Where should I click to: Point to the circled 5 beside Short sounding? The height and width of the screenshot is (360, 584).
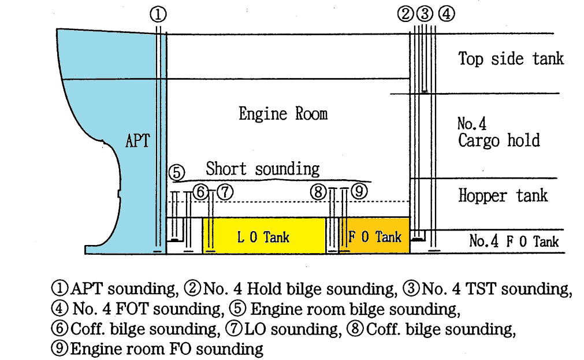177,172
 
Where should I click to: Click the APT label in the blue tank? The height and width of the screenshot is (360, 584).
137,140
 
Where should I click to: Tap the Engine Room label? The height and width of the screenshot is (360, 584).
283,113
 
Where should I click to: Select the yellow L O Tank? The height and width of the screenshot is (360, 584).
263,236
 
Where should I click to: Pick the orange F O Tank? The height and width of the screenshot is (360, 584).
375,236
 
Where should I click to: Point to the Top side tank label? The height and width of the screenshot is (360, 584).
511,58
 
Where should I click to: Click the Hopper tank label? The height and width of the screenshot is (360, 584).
503,195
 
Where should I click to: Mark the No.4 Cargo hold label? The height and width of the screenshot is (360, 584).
499,132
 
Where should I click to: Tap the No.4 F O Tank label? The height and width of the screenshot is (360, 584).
514,241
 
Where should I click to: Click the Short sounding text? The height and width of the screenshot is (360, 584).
263,169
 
